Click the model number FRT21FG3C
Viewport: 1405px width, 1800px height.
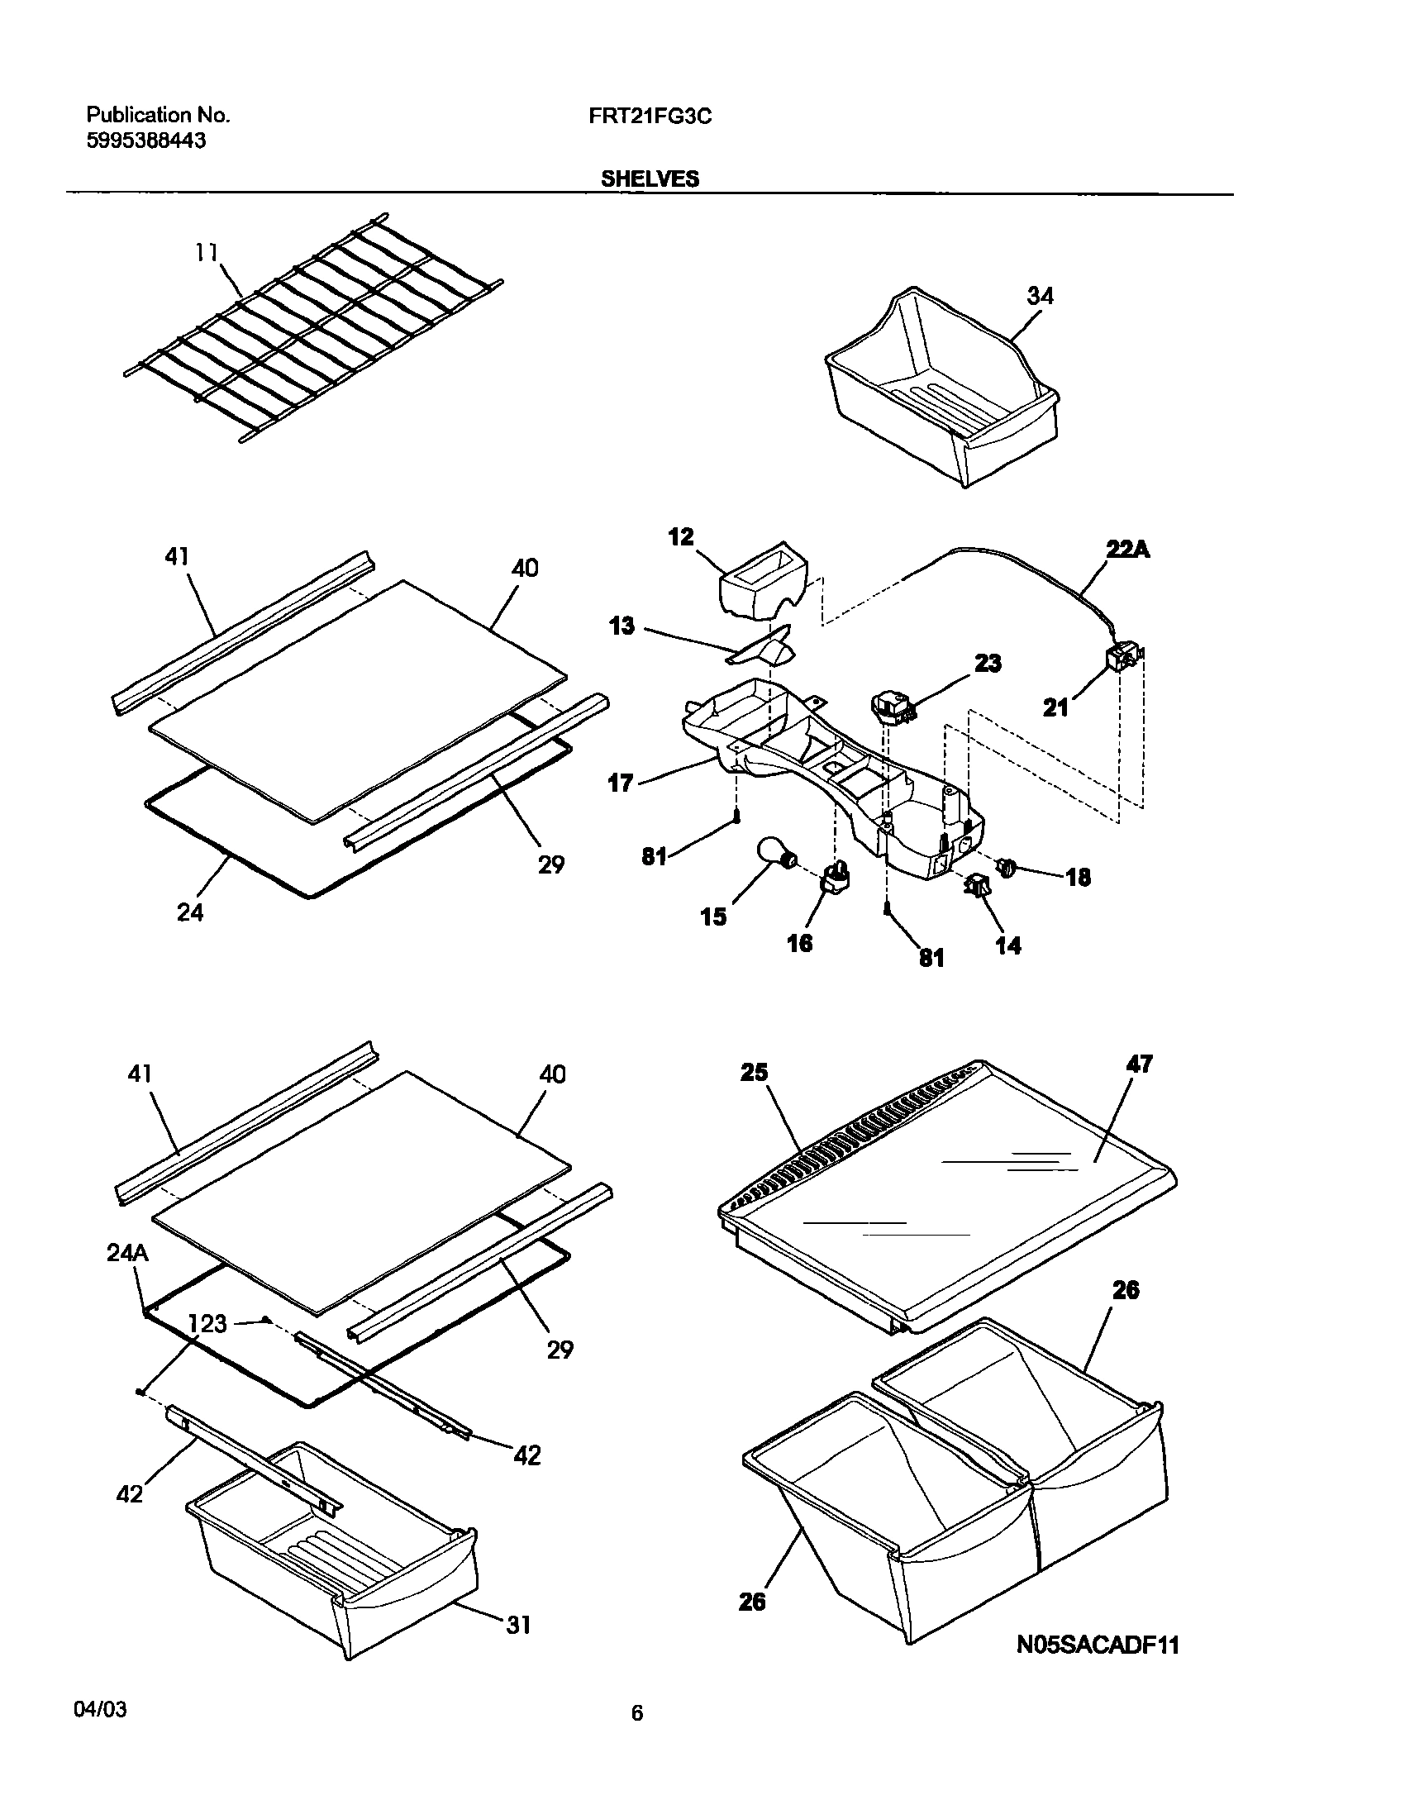[x=650, y=117]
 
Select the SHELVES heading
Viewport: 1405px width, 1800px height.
[x=650, y=179]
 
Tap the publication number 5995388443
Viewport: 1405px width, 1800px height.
[x=146, y=141]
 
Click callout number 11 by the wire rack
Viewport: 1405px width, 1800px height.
[x=207, y=252]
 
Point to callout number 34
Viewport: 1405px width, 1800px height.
[x=1040, y=296]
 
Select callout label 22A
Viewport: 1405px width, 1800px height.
[x=1127, y=549]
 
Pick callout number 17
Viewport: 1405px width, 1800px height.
[x=621, y=783]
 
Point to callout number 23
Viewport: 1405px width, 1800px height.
[x=988, y=663]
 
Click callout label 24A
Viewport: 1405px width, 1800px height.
[x=127, y=1254]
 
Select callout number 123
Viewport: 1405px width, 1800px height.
[x=207, y=1324]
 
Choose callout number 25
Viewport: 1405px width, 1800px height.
[x=755, y=1073]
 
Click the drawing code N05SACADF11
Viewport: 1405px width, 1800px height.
[x=1097, y=1645]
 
